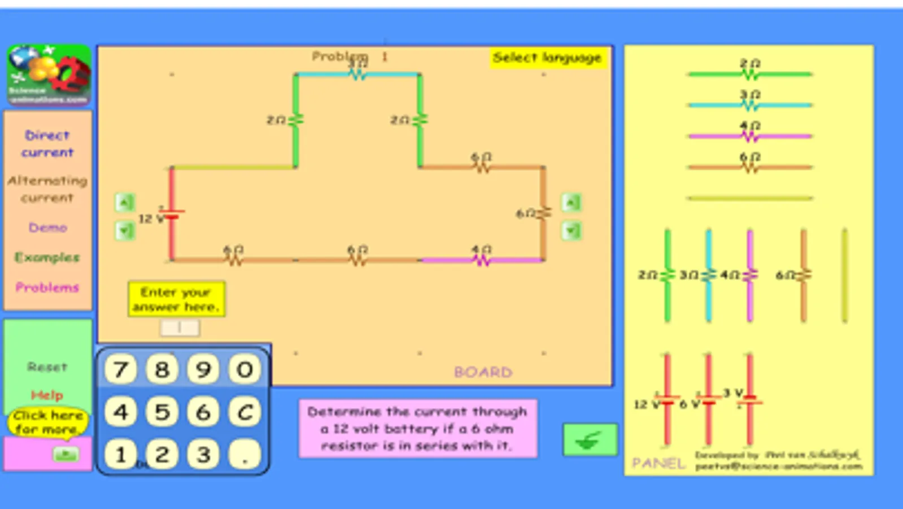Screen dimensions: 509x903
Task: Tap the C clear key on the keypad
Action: (x=245, y=412)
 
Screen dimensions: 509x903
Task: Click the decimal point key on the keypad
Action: (x=245, y=454)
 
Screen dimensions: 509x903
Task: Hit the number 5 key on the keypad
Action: (x=162, y=412)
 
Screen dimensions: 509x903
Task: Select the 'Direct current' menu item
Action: (x=47, y=144)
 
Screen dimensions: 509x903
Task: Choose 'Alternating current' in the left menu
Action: (x=47, y=189)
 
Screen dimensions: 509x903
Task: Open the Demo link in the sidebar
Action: (x=47, y=227)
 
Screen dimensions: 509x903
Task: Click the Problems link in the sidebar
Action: (x=47, y=287)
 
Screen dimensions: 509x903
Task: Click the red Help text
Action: (x=47, y=395)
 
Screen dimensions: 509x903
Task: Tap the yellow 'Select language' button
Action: (x=547, y=58)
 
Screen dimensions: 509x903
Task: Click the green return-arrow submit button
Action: (x=590, y=440)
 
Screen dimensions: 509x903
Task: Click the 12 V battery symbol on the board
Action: (x=171, y=215)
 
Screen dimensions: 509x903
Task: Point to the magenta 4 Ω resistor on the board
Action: (x=481, y=260)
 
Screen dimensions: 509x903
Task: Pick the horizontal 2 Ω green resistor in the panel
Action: (x=749, y=74)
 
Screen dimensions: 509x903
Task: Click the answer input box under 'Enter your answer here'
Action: (x=180, y=327)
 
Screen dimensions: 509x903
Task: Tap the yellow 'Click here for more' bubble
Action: (x=48, y=422)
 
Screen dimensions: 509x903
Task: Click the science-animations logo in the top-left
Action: (x=49, y=75)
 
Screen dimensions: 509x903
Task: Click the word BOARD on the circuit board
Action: (x=483, y=372)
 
